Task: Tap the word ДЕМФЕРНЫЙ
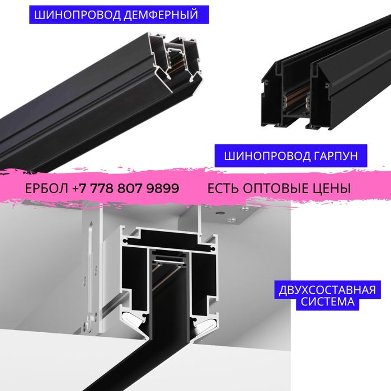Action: [x=161, y=15]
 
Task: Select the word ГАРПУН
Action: [x=336, y=156]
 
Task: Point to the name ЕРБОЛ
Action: [x=46, y=189]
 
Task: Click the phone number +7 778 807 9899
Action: [x=126, y=189]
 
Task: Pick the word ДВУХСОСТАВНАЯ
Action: [x=327, y=290]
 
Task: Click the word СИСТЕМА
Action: [x=327, y=302]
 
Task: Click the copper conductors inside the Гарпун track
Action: [x=296, y=94]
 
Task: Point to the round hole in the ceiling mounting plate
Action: [x=220, y=214]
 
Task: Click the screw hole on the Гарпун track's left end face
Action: [x=267, y=82]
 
